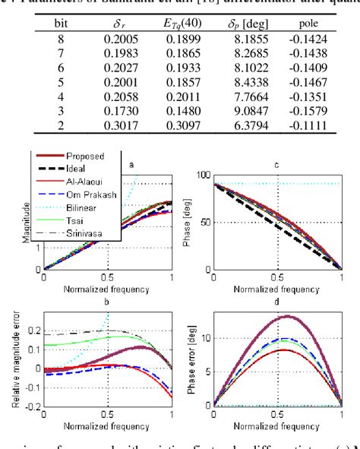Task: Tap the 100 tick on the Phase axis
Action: point(203,175)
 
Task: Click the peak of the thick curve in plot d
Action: point(288,316)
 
